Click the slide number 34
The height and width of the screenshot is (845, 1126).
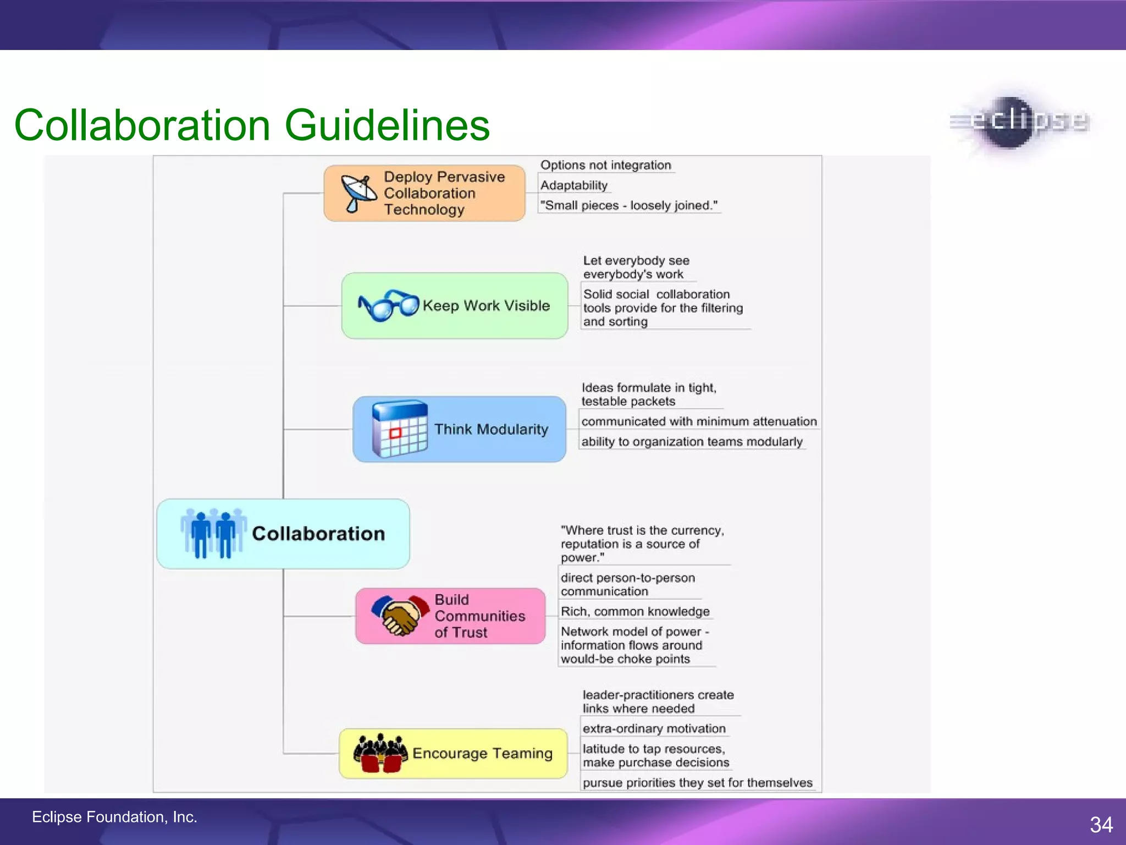click(x=1101, y=825)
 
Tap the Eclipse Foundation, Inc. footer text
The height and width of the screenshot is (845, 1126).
click(x=114, y=817)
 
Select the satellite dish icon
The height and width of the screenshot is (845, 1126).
click(x=358, y=193)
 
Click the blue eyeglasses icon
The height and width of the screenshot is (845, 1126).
click(x=388, y=305)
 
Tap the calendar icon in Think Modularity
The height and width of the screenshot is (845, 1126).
click(x=400, y=429)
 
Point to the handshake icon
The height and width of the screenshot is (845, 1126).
click(x=400, y=615)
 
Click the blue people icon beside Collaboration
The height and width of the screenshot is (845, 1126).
click(x=213, y=533)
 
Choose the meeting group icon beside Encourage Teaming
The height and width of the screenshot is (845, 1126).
click(x=380, y=753)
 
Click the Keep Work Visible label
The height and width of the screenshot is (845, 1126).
click(x=486, y=306)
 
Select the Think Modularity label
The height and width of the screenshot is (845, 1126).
click(x=491, y=430)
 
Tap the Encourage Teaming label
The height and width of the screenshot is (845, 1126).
click(x=482, y=754)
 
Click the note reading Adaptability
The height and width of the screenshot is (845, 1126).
click(x=573, y=185)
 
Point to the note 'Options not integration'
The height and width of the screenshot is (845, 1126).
click(x=605, y=165)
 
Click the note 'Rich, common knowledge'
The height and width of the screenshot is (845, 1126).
click(x=635, y=612)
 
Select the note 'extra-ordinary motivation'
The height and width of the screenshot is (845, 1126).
click(x=654, y=729)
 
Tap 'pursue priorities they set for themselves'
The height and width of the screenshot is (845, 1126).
click(x=697, y=783)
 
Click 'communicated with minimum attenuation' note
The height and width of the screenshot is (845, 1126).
click(x=699, y=421)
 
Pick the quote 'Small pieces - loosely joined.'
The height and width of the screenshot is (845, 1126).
click(x=628, y=206)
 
